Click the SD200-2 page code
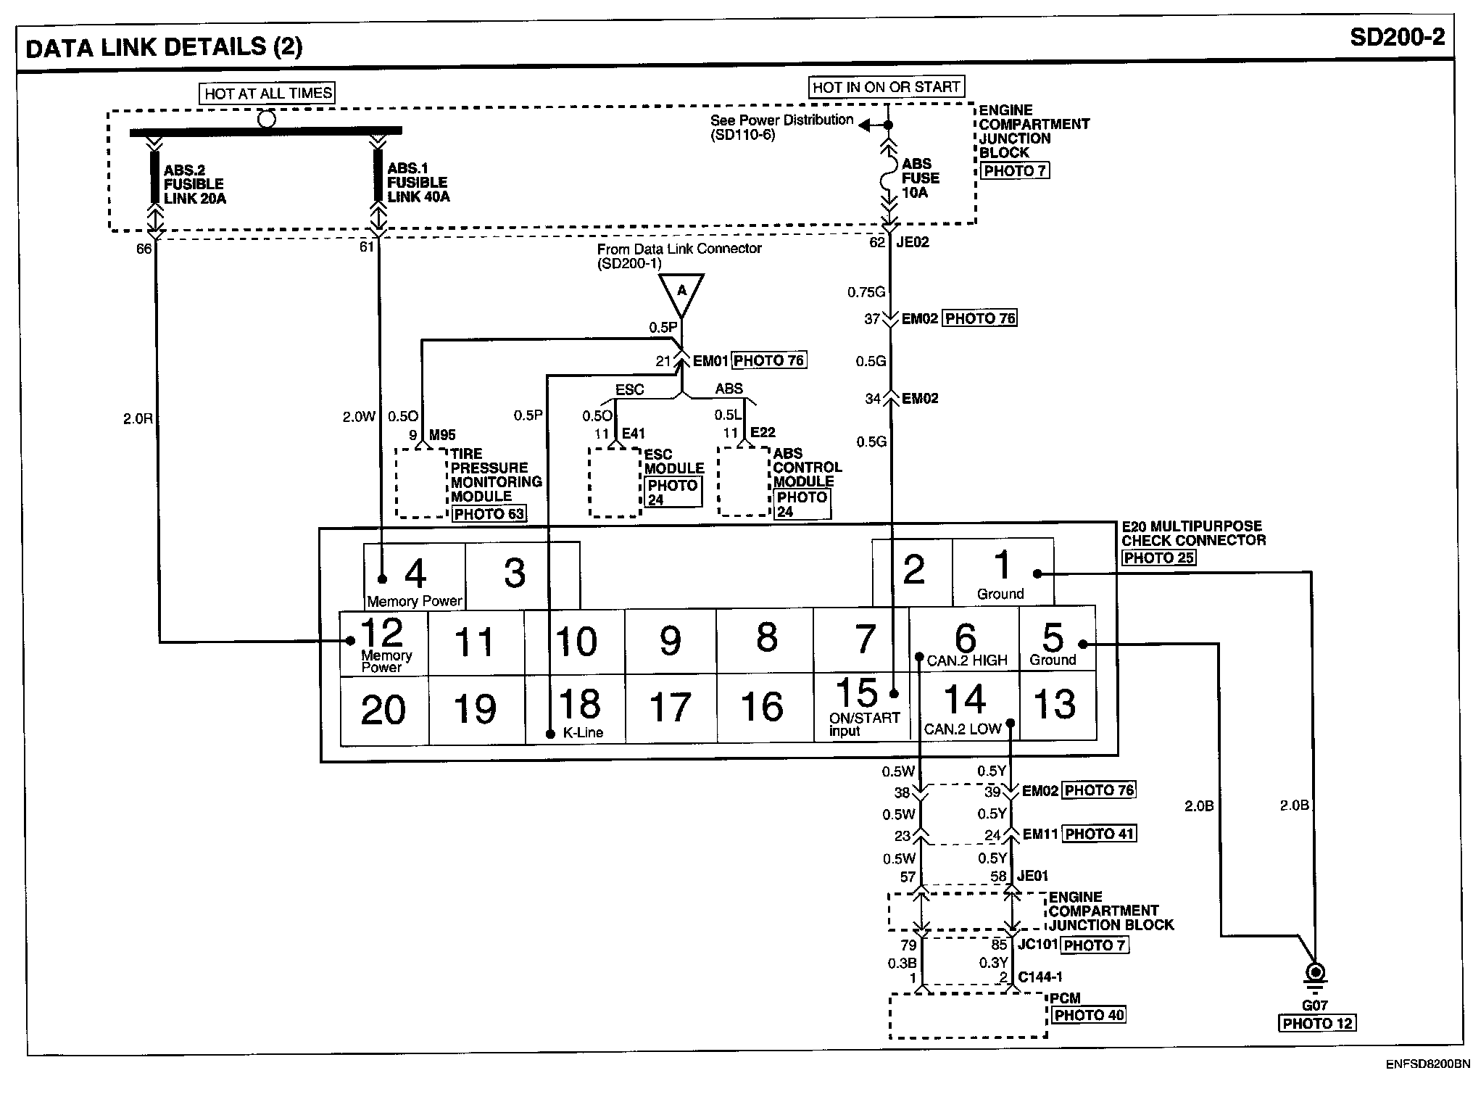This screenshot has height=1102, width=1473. coord(1397,38)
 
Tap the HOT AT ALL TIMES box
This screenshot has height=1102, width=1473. coord(268,93)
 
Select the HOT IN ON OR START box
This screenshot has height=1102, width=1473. coord(887,87)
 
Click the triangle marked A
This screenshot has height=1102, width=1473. coord(681,294)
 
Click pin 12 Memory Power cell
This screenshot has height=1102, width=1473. coord(383,643)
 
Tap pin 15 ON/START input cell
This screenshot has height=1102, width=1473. coord(863,706)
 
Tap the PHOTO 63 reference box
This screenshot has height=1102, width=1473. coord(489,514)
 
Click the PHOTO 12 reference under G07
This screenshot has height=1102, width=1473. coord(1317,1023)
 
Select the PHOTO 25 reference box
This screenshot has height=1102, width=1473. coord(1158,558)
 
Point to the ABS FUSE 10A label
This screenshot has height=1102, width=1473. coord(920,178)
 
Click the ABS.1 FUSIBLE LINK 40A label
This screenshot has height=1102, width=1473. coord(418,183)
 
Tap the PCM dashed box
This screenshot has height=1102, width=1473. coord(968,1015)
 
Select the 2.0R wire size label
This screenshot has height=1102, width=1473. coord(138,418)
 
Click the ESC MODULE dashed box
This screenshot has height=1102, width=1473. coord(615,482)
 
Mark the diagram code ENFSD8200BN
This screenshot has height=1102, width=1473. coord(1427,1064)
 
